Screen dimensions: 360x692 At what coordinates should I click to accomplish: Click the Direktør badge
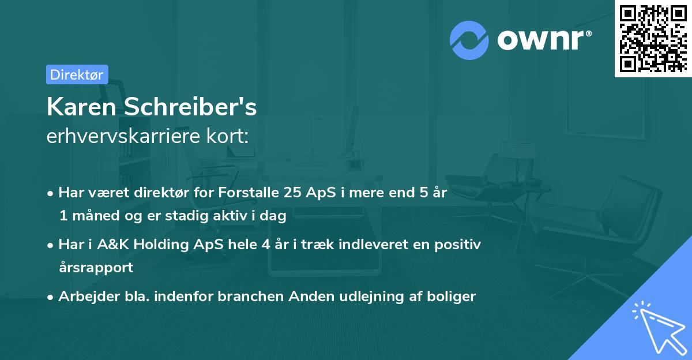[77, 74]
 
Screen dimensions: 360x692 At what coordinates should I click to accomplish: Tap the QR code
[653, 38]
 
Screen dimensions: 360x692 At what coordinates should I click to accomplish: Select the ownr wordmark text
[543, 40]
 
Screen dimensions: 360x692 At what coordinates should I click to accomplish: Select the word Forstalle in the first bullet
[249, 193]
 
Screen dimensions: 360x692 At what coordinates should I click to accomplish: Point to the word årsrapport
[96, 267]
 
